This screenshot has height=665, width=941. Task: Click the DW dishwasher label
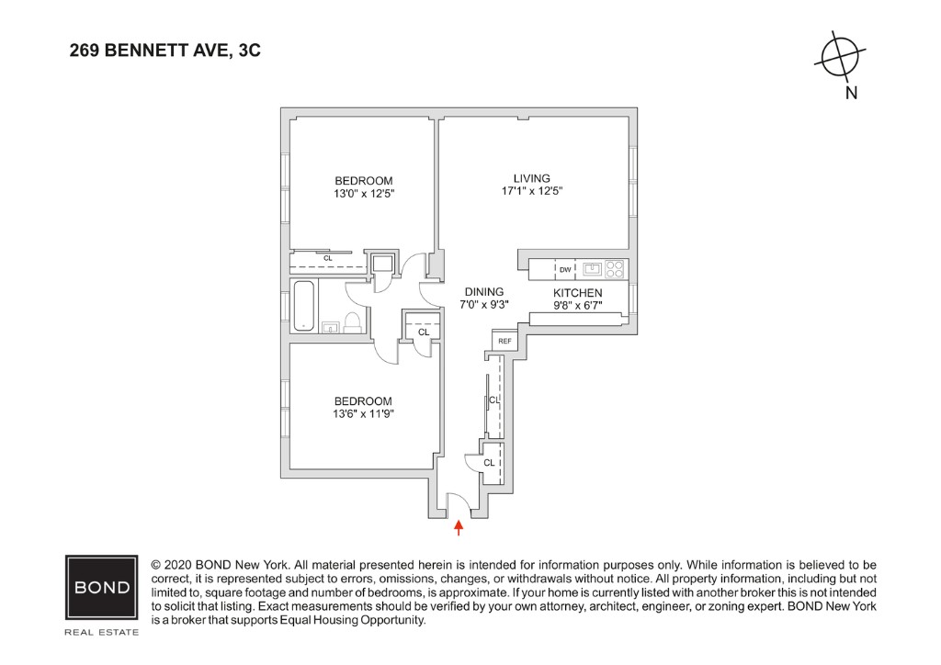click(565, 269)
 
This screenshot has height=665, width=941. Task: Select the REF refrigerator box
click(505, 341)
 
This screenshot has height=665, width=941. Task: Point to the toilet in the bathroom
click(352, 321)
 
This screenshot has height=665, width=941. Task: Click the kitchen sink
click(593, 269)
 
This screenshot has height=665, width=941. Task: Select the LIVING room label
click(531, 178)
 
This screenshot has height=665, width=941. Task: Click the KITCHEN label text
click(577, 293)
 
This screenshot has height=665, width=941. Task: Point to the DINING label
click(483, 292)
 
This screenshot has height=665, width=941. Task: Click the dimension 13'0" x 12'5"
click(364, 194)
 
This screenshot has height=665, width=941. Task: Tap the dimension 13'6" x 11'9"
click(363, 414)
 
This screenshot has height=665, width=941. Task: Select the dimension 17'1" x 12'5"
click(531, 191)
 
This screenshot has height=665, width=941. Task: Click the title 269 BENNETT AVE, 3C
click(165, 51)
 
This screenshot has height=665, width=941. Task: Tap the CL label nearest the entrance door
click(489, 462)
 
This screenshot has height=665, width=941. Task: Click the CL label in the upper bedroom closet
click(328, 259)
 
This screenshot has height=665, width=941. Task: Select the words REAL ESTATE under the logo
click(101, 633)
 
